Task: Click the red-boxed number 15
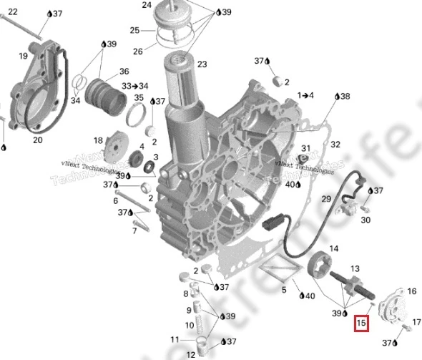pyautogui.click(x=362, y=323)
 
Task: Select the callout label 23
pyautogui.click(x=202, y=64)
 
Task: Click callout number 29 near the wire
pyautogui.click(x=325, y=198)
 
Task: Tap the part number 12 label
pyautogui.click(x=191, y=354)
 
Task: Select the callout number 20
pyautogui.click(x=37, y=140)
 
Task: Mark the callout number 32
pyautogui.click(x=335, y=144)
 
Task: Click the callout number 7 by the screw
pyautogui.click(x=134, y=230)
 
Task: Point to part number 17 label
pyautogui.click(x=417, y=322)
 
